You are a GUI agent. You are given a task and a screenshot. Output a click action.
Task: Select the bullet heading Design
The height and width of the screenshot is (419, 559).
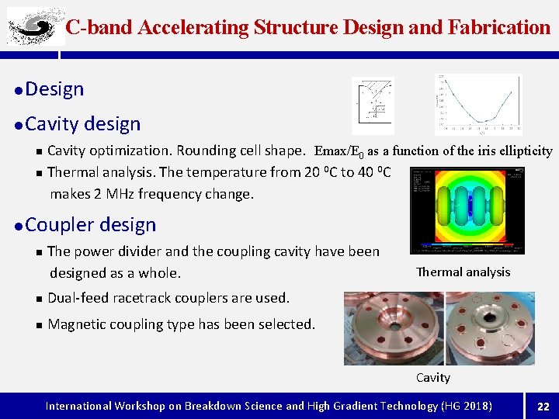pos(54,89)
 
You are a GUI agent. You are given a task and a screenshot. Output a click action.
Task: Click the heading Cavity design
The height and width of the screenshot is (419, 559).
pos(83,124)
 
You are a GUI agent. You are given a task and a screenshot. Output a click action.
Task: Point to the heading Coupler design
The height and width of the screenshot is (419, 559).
pos(91,225)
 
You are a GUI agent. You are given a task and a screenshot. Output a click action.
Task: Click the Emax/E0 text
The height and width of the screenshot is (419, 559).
pos(339,151)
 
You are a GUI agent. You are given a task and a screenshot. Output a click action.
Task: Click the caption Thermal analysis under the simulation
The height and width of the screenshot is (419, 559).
pos(464,272)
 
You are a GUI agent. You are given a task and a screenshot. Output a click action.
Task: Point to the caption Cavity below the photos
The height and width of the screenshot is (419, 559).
pos(432,378)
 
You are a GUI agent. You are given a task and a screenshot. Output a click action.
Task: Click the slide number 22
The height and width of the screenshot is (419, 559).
pos(543,406)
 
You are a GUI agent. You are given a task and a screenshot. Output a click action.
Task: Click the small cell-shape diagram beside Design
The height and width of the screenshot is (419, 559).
pos(373,106)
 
